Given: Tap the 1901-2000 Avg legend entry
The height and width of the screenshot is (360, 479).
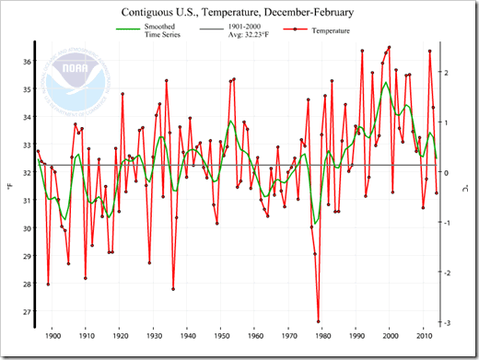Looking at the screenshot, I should click(246, 32).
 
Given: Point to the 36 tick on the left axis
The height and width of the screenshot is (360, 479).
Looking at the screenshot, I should click(26, 61).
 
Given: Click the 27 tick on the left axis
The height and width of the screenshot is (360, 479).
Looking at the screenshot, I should click(26, 311).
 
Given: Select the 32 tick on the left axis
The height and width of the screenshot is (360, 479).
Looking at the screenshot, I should click(26, 172).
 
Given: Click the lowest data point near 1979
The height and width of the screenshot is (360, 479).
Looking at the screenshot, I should click(319, 321).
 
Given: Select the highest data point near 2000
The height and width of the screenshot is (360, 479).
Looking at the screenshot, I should click(390, 47).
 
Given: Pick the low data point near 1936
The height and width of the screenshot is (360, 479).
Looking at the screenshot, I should click(173, 289).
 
